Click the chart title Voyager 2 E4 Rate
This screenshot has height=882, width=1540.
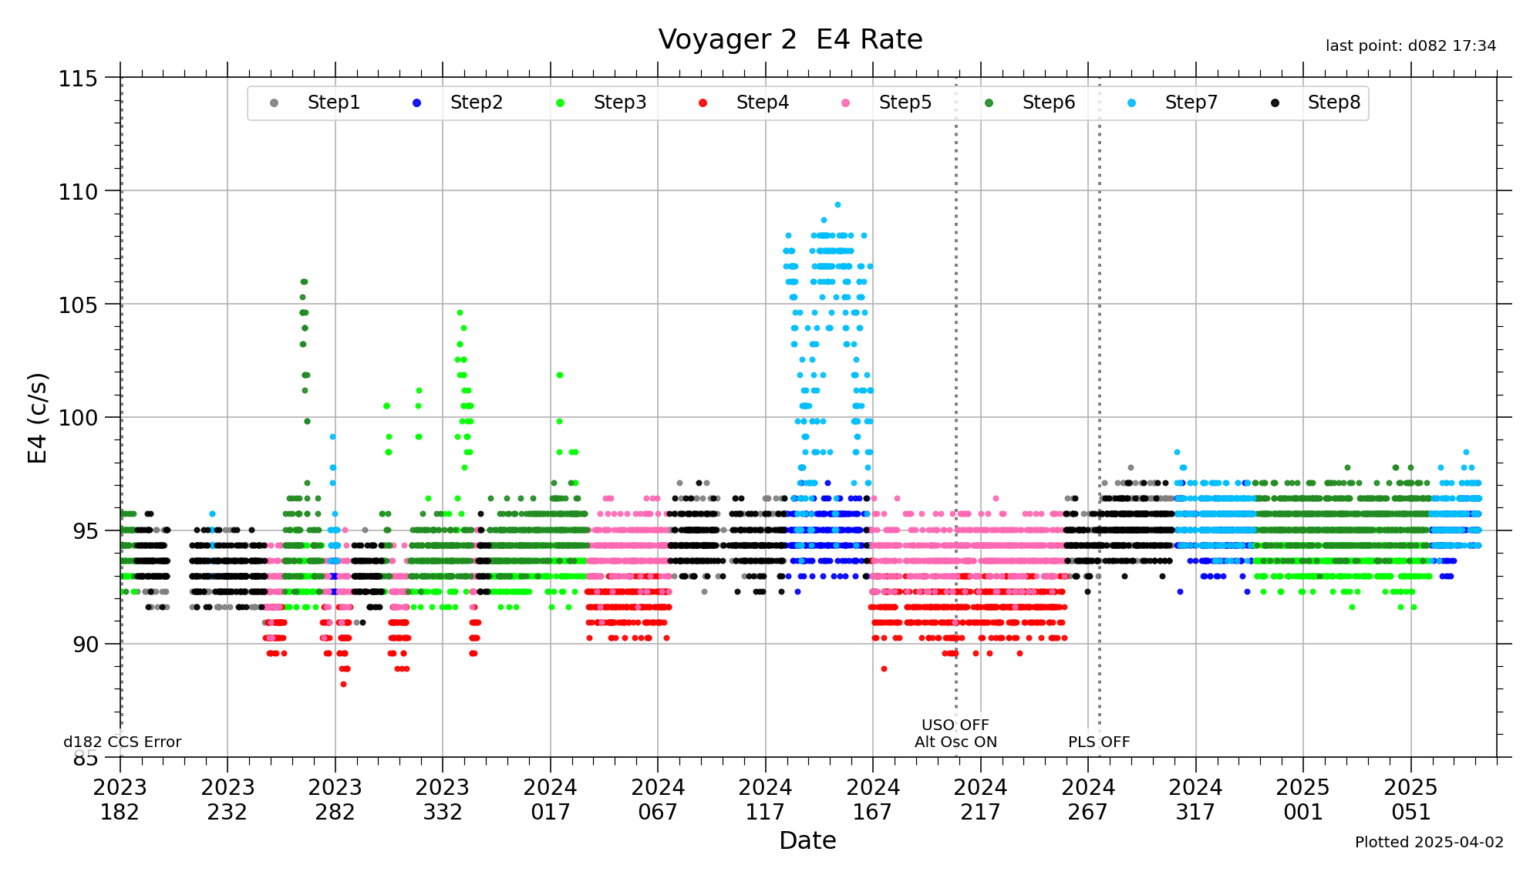point(790,39)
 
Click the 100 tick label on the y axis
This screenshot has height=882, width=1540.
point(78,418)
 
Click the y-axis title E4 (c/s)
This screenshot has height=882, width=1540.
point(38,418)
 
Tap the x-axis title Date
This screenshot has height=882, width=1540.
point(807,840)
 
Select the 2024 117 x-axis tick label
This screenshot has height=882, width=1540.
point(765,800)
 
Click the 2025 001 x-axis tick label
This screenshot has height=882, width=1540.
point(1302,800)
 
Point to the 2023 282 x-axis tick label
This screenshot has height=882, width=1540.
point(335,800)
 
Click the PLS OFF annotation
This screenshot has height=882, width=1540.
point(1098,742)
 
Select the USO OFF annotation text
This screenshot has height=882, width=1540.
point(955,725)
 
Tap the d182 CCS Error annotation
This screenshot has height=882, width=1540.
point(122,742)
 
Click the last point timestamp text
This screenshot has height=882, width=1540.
point(1410,46)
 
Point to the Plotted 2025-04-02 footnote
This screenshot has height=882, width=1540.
point(1428,842)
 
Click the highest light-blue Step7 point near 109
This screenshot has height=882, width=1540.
point(837,205)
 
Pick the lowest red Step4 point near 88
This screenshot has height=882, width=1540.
point(343,684)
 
